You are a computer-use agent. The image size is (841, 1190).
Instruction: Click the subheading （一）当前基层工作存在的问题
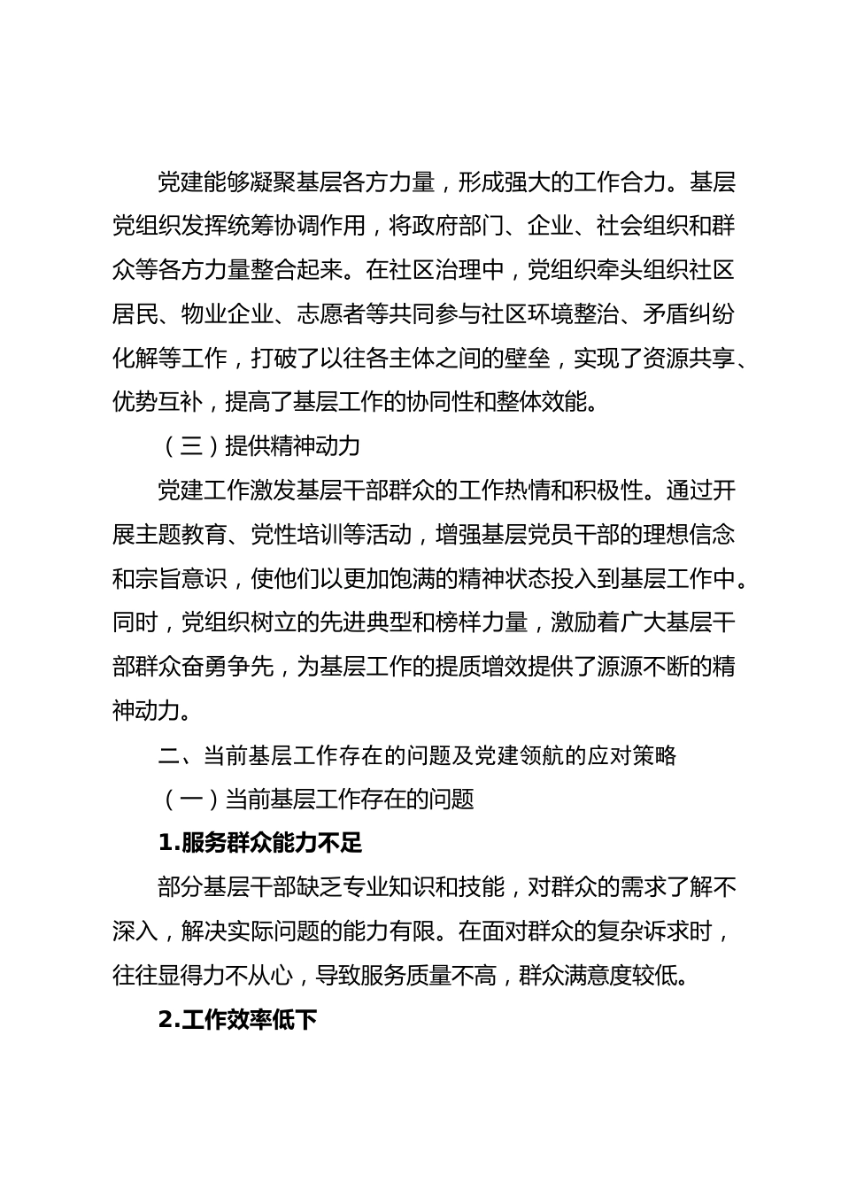coord(317,800)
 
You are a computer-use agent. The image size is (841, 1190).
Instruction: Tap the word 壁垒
coord(528,358)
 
